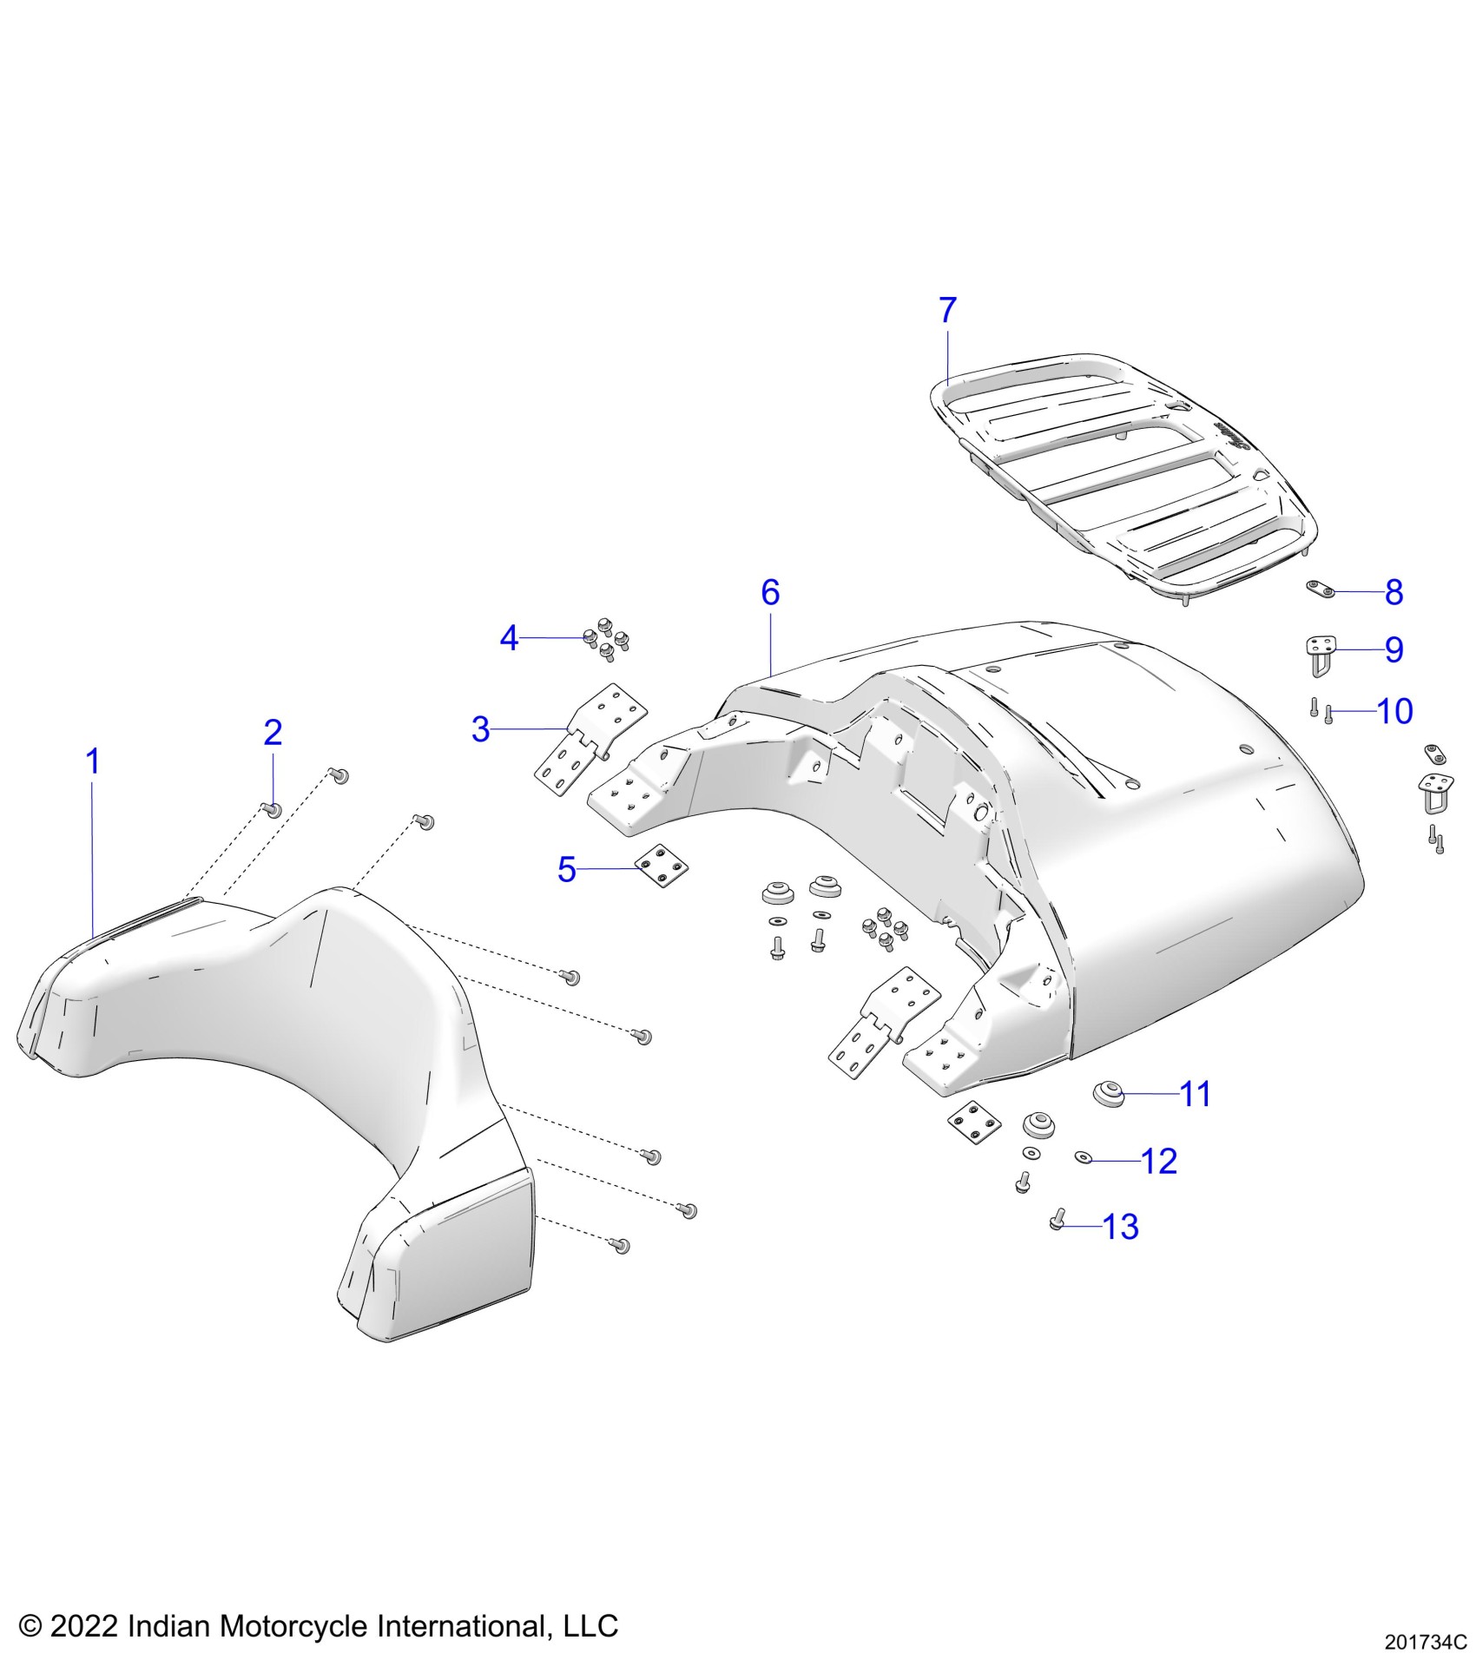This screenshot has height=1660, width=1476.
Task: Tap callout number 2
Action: (x=273, y=733)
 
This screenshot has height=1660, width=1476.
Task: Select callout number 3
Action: (x=480, y=729)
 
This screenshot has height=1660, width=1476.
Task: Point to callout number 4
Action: (x=509, y=639)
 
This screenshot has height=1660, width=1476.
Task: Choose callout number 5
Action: (x=566, y=869)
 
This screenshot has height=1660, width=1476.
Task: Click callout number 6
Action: (x=770, y=593)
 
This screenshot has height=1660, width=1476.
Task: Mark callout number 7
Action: (x=947, y=310)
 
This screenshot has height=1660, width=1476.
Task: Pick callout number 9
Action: (x=1394, y=649)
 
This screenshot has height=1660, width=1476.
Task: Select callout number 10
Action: (x=1395, y=711)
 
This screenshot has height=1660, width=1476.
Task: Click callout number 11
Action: (x=1196, y=1094)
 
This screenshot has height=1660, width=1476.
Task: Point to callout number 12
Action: (x=1158, y=1162)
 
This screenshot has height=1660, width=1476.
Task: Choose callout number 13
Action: (x=1120, y=1227)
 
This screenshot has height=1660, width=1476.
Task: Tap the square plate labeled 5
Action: (x=662, y=867)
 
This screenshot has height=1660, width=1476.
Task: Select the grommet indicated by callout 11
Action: (x=1109, y=1093)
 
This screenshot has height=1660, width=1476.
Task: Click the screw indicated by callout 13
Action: (x=1057, y=1222)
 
